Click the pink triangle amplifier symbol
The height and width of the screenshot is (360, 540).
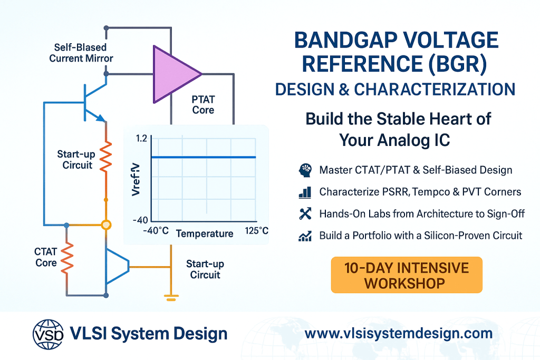tap(174, 74)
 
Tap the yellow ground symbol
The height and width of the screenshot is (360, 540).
tap(171, 298)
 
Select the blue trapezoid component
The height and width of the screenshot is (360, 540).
tap(117, 266)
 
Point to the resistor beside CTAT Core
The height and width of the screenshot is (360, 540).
tap(67, 258)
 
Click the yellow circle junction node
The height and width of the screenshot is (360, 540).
tap(107, 225)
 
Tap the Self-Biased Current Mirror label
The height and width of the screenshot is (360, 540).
tap(81, 53)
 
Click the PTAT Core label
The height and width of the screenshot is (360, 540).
tap(203, 105)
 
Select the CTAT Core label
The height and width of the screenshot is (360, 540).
tap(45, 257)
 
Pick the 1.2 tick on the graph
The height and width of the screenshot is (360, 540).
tap(141, 138)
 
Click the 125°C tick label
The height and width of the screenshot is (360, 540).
tap(257, 230)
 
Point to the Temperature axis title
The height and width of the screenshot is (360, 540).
tap(205, 233)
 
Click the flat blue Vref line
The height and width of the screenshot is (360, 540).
tap(204, 157)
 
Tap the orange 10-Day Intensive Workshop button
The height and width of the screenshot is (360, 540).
tap(407, 275)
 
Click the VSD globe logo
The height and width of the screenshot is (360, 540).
tap(48, 334)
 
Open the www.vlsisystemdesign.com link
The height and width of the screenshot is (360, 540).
tap(399, 334)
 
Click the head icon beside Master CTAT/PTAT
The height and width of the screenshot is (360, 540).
tap(305, 170)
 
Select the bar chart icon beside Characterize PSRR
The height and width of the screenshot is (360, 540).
tap(305, 192)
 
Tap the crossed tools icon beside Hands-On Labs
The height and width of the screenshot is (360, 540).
tap(305, 213)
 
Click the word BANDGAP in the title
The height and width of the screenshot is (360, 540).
tap(346, 40)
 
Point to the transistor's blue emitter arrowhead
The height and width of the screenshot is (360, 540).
tap(100, 118)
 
